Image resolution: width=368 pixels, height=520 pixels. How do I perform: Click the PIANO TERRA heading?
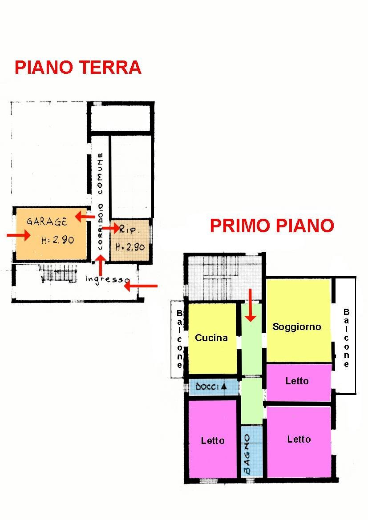78,68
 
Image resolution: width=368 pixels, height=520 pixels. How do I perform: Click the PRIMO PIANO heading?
271,226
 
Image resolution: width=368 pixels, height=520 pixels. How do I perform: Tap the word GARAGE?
46,222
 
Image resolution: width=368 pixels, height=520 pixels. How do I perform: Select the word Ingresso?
107,279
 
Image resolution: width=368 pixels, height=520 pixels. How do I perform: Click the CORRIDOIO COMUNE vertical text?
101,201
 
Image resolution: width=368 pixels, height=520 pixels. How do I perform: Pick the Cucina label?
211,338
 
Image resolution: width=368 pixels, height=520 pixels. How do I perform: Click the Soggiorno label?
296,327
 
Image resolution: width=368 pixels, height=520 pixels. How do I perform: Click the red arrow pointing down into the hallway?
251,305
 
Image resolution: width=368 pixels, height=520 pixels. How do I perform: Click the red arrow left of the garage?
19,235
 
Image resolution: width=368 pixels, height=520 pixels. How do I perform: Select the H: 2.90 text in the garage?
57,240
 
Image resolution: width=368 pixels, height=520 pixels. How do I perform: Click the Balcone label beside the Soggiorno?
346,338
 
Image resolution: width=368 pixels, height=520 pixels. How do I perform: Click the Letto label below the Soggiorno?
297,381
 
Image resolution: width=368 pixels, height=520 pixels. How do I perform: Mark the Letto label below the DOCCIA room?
212,440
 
